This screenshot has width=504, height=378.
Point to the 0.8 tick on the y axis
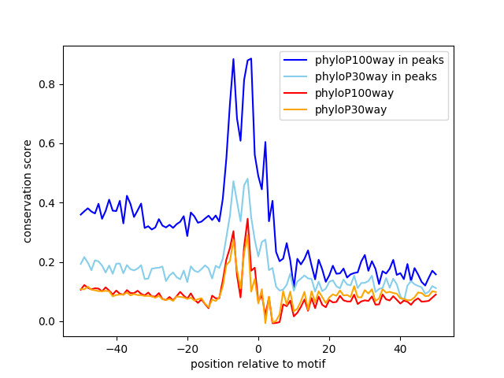[x=48, y=84]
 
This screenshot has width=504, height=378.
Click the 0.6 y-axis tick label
[x=48, y=143]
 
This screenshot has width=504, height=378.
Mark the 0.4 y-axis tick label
[x=48, y=203]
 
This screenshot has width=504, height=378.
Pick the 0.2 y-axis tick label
[x=48, y=262]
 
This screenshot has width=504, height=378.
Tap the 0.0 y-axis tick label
[x=48, y=321]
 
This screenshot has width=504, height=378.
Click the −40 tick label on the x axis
[x=116, y=349]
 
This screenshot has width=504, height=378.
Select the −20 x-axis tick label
[x=187, y=349]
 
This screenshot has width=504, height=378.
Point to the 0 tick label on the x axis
[x=258, y=349]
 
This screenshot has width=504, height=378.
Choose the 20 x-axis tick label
[x=329, y=349]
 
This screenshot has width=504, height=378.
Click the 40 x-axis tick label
[x=400, y=349]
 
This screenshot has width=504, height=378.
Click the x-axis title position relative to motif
[x=258, y=364]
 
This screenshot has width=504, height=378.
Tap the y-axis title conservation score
[x=28, y=191]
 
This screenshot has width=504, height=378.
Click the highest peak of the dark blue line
[x=251, y=58]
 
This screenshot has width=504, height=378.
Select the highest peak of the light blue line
[x=247, y=178]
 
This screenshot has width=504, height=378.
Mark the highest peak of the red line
[x=247, y=219]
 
